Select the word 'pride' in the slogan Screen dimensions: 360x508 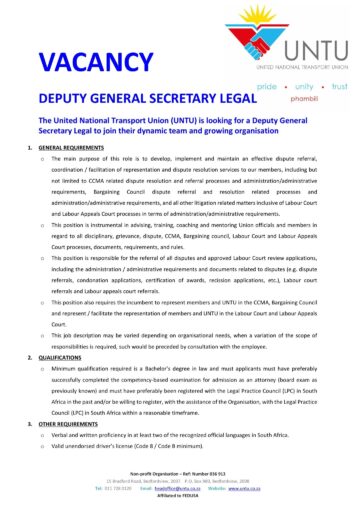point(269,88)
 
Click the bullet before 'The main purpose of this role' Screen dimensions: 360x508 point(40,159)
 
